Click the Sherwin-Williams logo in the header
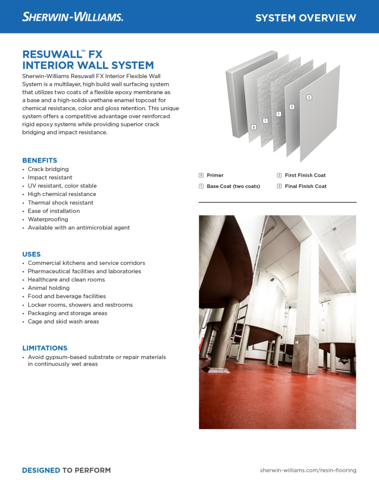(73, 17)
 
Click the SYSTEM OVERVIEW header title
(305, 18)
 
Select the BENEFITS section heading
(39, 160)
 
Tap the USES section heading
(31, 254)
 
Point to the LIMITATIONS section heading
(45, 348)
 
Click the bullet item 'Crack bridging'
(48, 169)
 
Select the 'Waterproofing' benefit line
(48, 219)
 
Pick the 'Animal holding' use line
(49, 288)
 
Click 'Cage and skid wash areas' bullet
(63, 322)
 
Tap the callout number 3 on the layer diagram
(309, 98)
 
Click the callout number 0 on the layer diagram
(253, 127)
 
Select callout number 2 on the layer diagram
(292, 107)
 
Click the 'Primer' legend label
(215, 175)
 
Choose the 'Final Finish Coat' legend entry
(305, 186)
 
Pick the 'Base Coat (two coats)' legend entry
(233, 186)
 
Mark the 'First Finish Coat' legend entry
(305, 175)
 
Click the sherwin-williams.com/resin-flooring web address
(308, 470)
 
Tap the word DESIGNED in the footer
(41, 470)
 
